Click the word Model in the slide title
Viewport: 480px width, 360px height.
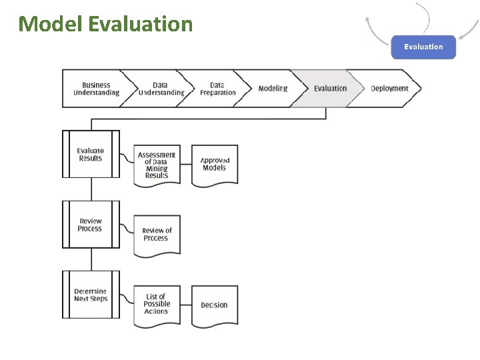(50, 24)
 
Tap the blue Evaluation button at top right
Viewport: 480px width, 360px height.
(423, 47)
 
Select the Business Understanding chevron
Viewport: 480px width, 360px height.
(96, 89)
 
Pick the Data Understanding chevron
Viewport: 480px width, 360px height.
(160, 89)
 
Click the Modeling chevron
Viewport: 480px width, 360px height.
(273, 89)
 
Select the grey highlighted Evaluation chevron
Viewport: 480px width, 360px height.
(330, 89)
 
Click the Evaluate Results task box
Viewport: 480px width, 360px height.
(91, 154)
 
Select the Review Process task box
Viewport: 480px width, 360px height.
(91, 225)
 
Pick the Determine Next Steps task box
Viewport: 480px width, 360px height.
(91, 295)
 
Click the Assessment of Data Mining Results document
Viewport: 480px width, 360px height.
(157, 165)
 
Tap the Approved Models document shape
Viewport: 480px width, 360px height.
(215, 165)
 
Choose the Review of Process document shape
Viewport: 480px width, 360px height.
(157, 235)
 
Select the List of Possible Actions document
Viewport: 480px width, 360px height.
(157, 305)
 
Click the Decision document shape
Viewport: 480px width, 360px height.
(215, 305)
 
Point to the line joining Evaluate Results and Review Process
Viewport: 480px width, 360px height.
(91, 189)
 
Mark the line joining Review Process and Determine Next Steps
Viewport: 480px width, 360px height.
(91, 259)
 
